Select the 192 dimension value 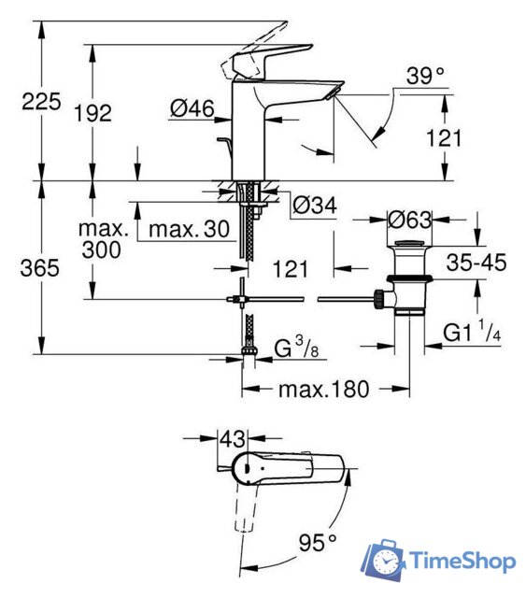point(92,113)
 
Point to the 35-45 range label point(475,263)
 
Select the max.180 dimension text point(323,387)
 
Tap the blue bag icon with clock point(382,560)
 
